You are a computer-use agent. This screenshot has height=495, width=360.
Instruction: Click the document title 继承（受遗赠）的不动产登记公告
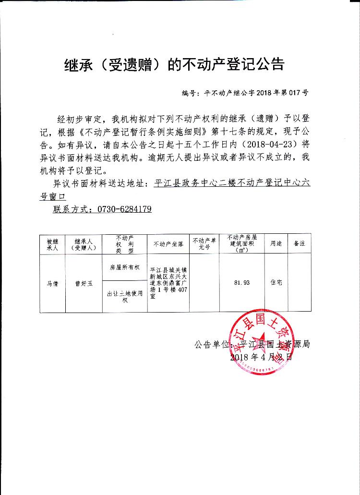tap(174, 64)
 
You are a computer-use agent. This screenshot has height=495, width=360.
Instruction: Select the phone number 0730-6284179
tap(124, 209)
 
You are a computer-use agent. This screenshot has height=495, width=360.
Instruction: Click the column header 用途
tap(276, 244)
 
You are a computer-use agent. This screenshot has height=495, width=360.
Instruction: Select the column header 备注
tap(300, 244)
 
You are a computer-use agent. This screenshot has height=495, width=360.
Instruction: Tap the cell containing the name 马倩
tap(52, 283)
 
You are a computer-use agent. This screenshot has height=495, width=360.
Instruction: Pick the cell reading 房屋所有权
tap(124, 267)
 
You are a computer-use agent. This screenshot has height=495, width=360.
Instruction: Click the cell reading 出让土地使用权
tap(124, 297)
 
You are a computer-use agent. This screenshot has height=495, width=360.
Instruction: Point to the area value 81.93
tap(241, 283)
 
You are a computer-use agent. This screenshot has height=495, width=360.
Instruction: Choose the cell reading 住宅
tap(276, 283)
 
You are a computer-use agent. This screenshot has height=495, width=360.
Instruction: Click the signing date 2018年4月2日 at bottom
tap(261, 357)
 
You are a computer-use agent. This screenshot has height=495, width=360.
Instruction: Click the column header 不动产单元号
tap(204, 244)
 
